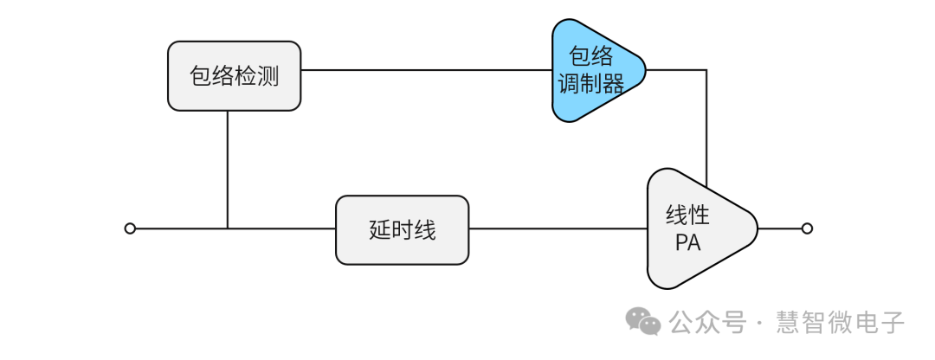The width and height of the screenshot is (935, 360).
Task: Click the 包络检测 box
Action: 234,76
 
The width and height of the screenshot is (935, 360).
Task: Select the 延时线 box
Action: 402,230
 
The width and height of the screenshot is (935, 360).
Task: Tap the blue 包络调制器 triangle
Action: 596,70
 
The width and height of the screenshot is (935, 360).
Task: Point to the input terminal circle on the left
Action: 130,228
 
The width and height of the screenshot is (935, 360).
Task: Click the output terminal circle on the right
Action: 807,228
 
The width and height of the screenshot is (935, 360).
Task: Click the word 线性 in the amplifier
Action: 688,215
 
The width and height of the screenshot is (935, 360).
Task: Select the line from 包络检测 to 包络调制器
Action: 424,70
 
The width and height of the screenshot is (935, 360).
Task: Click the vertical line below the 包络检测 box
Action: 228,169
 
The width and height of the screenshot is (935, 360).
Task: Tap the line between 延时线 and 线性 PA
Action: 558,228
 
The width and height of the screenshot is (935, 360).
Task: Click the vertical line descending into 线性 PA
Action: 706,130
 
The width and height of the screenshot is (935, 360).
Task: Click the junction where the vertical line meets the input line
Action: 228,228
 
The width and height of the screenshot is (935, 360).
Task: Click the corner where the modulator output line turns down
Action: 706,70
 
